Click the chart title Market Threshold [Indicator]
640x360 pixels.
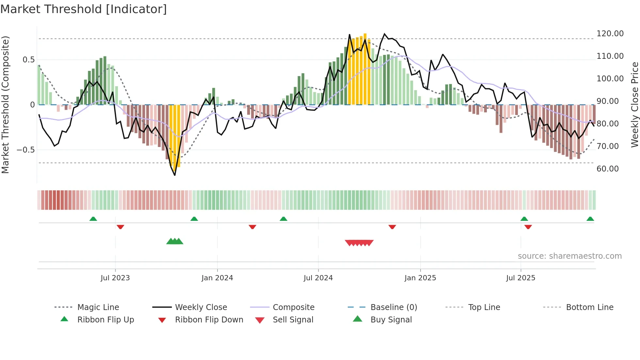coord(84,9)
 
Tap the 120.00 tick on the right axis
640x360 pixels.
coord(610,34)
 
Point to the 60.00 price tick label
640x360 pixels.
coord(607,169)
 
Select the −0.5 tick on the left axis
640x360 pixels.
coord(25,150)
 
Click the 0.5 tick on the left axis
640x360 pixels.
coord(28,60)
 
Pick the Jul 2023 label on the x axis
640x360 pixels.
coord(115,278)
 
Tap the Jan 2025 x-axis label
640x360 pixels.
coord(420,278)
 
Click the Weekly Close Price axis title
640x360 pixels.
coord(634,105)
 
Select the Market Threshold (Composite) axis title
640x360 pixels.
coord(5,105)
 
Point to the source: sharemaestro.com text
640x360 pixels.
coord(569,256)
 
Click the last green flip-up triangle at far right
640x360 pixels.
coord(590,219)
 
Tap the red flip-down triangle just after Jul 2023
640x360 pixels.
coord(120,227)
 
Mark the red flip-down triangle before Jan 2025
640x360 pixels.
coord(392,227)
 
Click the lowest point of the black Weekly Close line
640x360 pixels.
coord(175,175)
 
